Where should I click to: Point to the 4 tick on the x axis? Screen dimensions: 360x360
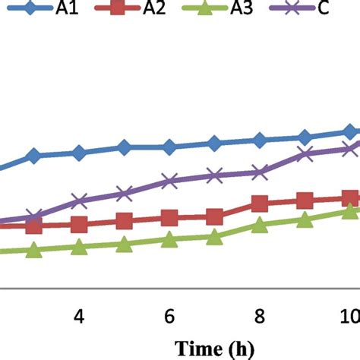pyautogui.click(x=78, y=315)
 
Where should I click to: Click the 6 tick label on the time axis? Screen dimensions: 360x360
pyautogui.click(x=169, y=315)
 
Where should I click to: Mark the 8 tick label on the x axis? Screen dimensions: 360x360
pyautogui.click(x=259, y=315)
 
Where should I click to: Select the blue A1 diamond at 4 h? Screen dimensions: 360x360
pyautogui.click(x=78, y=153)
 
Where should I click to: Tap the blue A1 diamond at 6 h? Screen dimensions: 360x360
pyautogui.click(x=169, y=147)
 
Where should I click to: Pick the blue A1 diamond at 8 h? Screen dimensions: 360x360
pyautogui.click(x=259, y=141)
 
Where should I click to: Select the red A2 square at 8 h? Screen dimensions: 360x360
pyautogui.click(x=259, y=204)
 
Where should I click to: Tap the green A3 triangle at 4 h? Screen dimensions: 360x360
pyautogui.click(x=78, y=248)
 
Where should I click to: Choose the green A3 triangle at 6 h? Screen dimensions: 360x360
pyautogui.click(x=169, y=240)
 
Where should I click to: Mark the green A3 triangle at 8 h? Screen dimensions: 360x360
pyautogui.click(x=259, y=225)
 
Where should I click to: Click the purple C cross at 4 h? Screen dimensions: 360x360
pyautogui.click(x=78, y=201)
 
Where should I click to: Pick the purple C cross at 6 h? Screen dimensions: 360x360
pyautogui.click(x=169, y=182)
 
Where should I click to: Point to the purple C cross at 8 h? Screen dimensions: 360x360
pyautogui.click(x=259, y=172)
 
